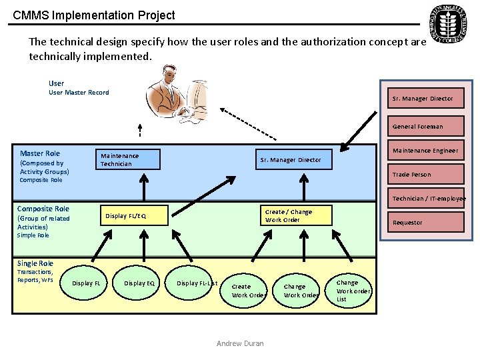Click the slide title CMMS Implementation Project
[94, 15]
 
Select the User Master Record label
[79, 93]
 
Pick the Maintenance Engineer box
[425, 151]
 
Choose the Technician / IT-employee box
[427, 199]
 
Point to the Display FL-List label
[197, 283]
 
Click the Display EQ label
[139, 283]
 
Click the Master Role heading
[40, 153]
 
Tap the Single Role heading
[35, 263]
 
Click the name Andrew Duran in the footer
[240, 344]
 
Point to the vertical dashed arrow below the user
[140, 131]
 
